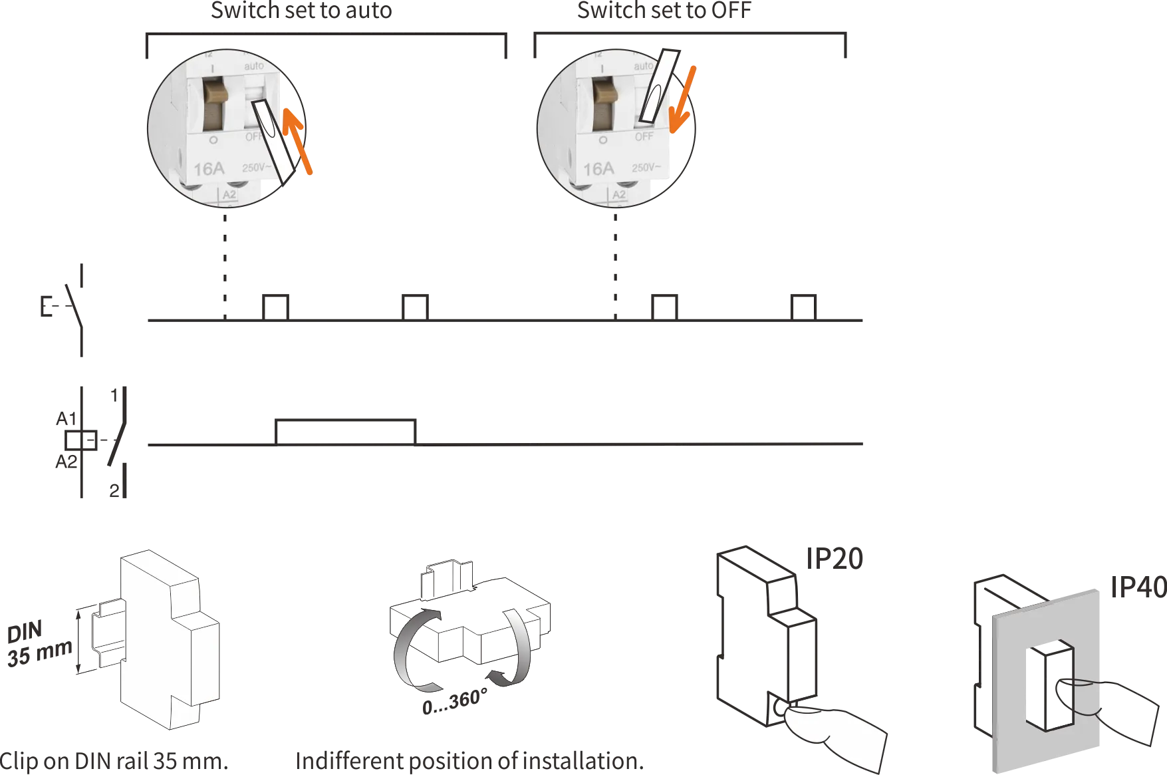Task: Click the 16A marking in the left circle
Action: [208, 168]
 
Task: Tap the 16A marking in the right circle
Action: [598, 169]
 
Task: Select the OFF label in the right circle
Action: [644, 137]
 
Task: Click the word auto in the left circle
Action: [254, 67]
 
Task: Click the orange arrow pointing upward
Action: [298, 140]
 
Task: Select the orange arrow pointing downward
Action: [684, 100]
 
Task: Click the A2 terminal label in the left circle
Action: [229, 195]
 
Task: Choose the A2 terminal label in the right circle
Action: [618, 195]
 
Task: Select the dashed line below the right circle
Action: [613, 259]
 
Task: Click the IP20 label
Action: [835, 559]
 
